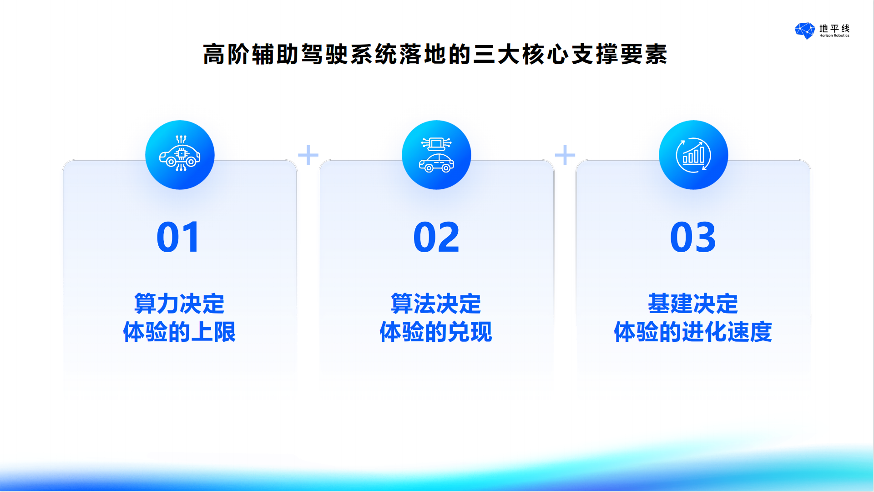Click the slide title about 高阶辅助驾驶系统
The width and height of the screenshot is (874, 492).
[x=435, y=55]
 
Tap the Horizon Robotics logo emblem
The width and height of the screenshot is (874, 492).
[x=805, y=30]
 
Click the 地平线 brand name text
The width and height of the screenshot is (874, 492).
[x=834, y=28]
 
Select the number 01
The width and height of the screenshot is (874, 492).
[x=178, y=237]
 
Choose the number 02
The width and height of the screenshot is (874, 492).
[x=436, y=237]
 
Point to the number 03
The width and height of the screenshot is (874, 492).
[x=693, y=237]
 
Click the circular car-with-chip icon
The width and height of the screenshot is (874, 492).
[x=180, y=155]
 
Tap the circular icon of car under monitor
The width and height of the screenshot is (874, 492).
[x=436, y=155]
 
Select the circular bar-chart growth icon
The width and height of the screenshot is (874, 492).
[x=693, y=155]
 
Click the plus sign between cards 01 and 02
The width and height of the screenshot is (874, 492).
[x=308, y=155]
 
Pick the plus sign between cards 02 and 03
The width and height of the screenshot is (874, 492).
[x=565, y=155]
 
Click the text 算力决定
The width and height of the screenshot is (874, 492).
[x=179, y=304]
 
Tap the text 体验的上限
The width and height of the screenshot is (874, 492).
[x=179, y=332]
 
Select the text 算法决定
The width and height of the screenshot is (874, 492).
[x=436, y=304]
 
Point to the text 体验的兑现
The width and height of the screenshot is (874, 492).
[x=436, y=332]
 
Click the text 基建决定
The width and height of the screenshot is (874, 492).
[x=693, y=304]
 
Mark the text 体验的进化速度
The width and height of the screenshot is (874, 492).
[x=693, y=332]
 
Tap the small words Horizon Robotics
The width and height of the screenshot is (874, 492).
[x=834, y=36]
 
